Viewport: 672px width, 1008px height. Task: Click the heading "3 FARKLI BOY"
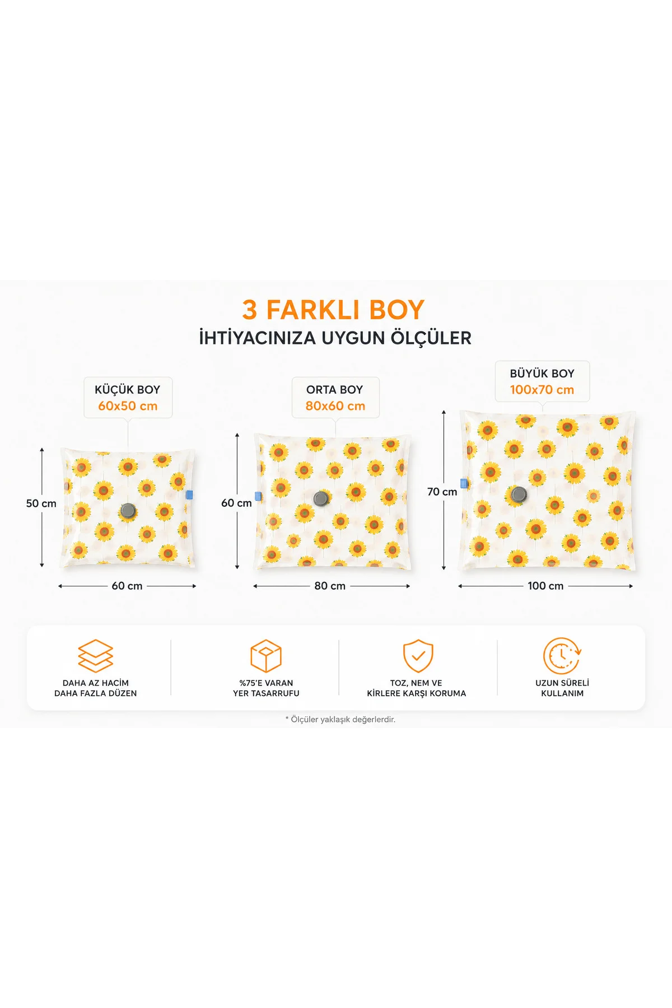(x=334, y=310)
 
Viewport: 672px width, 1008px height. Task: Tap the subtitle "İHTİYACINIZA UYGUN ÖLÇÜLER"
(x=335, y=338)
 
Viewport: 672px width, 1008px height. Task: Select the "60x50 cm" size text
(x=128, y=406)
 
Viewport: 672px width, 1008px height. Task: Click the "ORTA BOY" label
(x=334, y=390)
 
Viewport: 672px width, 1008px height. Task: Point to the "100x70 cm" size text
(x=542, y=390)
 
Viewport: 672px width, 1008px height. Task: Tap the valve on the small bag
(x=128, y=510)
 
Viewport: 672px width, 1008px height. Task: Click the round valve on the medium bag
(x=321, y=498)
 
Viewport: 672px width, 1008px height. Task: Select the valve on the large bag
(x=519, y=494)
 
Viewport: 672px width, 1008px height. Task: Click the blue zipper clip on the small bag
(x=189, y=494)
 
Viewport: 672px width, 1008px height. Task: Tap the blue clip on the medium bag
(x=258, y=496)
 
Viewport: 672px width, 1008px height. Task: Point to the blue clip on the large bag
(x=464, y=483)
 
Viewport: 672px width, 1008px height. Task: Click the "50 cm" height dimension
(x=41, y=503)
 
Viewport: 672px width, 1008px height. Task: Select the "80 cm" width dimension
(x=330, y=586)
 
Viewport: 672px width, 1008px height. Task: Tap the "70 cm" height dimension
(x=442, y=492)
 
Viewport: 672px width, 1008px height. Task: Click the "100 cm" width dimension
(x=545, y=586)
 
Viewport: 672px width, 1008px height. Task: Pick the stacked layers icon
(x=96, y=656)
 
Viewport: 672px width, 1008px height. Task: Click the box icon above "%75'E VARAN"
(x=266, y=656)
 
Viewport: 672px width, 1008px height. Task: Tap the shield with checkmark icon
(x=418, y=656)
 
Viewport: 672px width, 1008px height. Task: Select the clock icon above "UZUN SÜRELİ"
(x=562, y=656)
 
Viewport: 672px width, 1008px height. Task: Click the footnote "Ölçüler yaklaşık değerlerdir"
(x=340, y=720)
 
